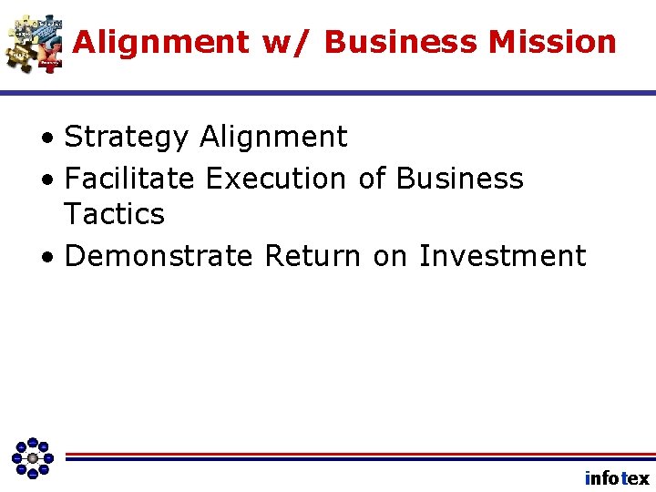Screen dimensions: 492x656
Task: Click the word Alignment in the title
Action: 160,42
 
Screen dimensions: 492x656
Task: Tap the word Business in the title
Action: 402,42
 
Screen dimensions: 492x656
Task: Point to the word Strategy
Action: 127,138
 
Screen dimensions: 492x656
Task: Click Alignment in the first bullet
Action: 273,138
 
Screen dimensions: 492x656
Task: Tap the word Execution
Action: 276,179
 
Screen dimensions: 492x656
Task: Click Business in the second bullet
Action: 460,179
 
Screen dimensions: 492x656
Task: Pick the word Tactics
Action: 115,215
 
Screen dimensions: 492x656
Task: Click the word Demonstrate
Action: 159,256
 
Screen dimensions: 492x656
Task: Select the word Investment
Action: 502,256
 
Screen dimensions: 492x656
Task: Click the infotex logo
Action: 617,478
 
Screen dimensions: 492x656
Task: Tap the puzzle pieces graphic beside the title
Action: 35,42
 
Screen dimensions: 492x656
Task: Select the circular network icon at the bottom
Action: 33,457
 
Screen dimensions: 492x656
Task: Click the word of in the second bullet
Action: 372,179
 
